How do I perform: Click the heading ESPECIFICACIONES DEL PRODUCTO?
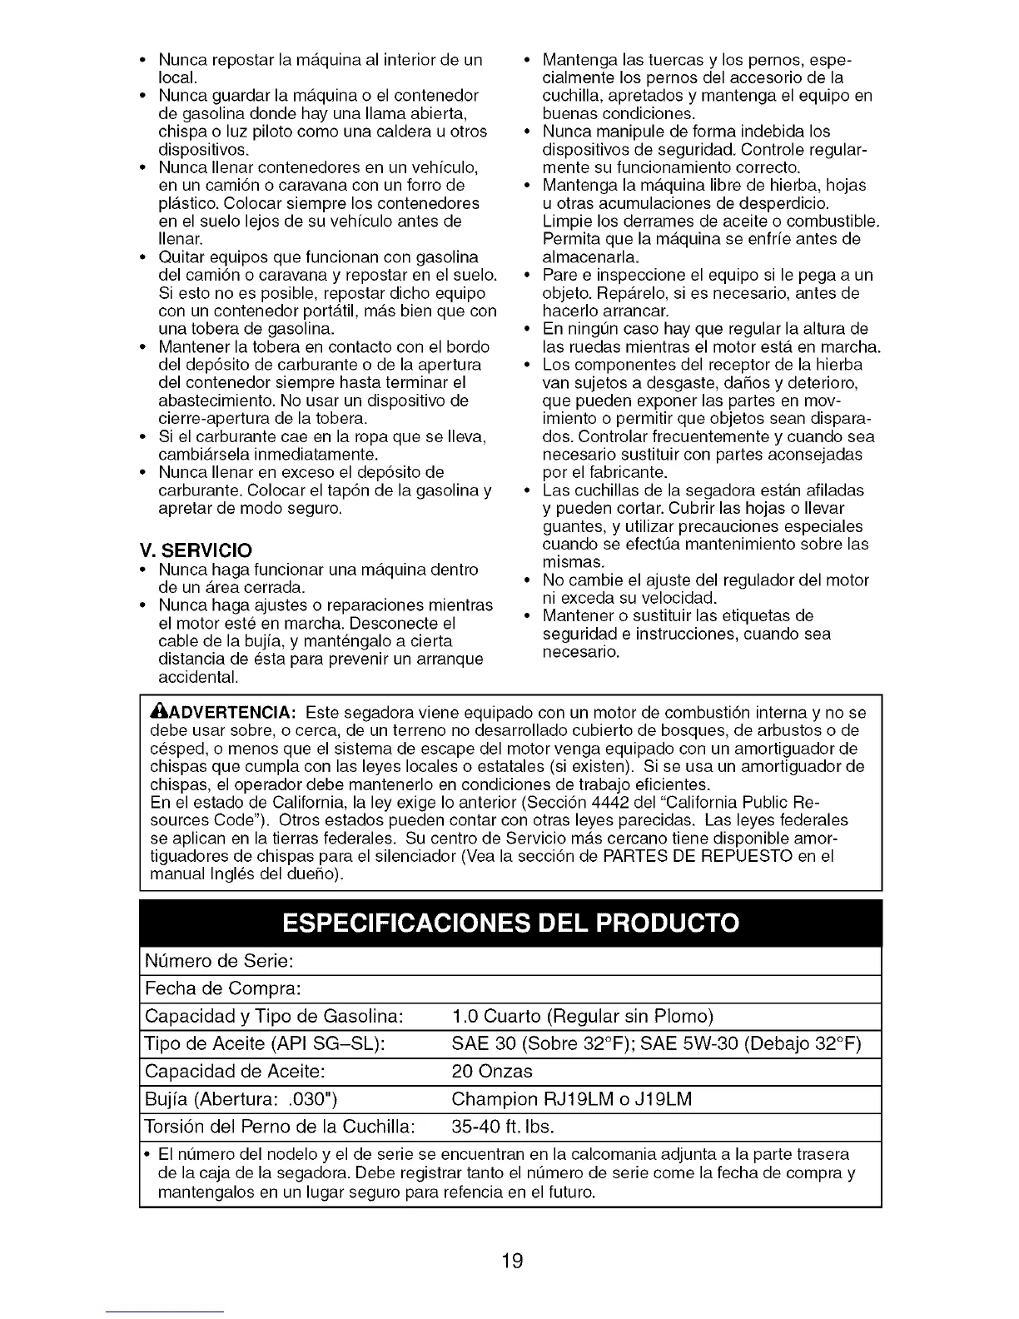(510, 923)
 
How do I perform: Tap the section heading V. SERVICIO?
(196, 550)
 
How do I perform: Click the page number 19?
(512, 1260)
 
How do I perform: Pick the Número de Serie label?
(219, 961)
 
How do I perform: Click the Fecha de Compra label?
(222, 988)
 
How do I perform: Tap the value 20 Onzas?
(491, 1071)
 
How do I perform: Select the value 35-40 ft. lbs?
(502, 1127)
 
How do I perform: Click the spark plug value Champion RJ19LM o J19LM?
(571, 1099)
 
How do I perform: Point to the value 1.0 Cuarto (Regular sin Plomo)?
(582, 1016)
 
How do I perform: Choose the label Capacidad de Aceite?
(235, 1071)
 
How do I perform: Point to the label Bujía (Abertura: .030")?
(241, 1099)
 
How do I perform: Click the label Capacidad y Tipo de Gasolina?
(274, 1016)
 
